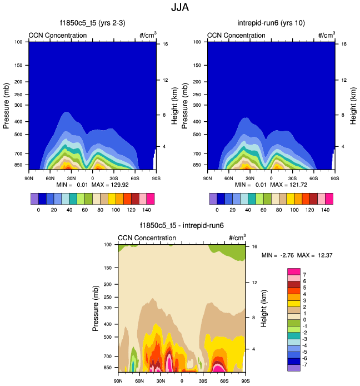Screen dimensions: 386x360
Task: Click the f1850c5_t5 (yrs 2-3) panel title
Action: point(92,23)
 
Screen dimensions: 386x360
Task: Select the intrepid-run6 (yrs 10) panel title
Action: point(271,23)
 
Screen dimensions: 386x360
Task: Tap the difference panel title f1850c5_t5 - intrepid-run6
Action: point(181,226)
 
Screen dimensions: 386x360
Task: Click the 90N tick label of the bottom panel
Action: point(118,381)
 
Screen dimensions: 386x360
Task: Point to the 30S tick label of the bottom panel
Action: point(203,381)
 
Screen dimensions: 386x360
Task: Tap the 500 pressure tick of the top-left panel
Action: point(18,135)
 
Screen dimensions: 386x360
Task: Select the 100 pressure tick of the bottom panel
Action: point(108,245)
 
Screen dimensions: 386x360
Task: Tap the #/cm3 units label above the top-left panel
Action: point(147,35)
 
